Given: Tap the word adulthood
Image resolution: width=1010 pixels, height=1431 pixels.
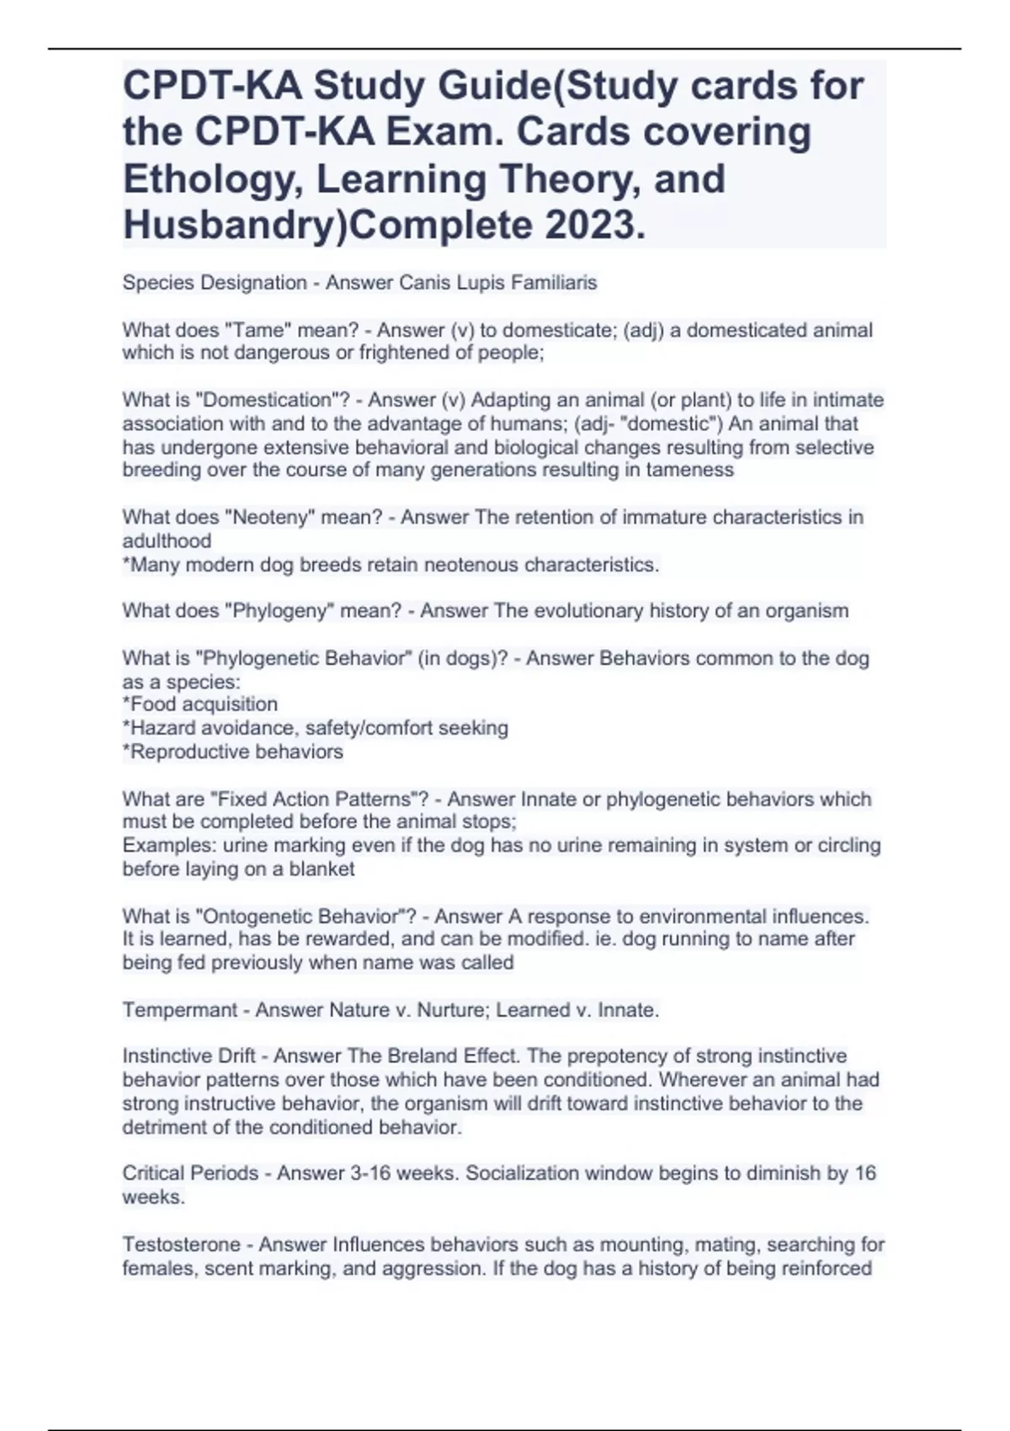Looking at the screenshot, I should click(x=167, y=540).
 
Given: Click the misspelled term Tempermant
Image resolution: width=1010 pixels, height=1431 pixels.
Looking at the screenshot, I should click(x=179, y=1009).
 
